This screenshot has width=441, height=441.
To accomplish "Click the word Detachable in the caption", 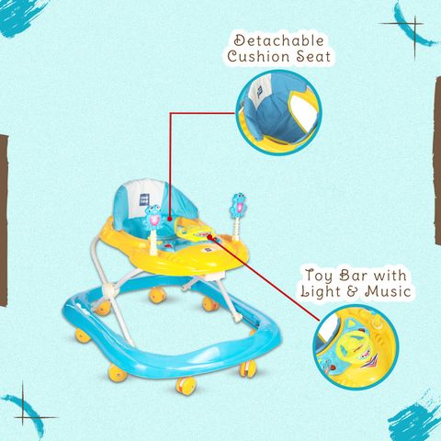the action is [279, 41].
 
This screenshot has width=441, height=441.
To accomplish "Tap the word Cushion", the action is [258, 57].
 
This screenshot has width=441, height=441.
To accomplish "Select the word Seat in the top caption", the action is [313, 57].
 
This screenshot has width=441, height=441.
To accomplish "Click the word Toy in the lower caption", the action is [319, 276].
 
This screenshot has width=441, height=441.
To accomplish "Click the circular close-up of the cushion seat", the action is [278, 112].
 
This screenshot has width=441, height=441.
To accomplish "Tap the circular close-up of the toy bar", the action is [356, 347].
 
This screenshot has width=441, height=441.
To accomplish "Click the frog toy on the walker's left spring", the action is [153, 216].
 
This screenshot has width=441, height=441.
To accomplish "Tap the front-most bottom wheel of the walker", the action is [186, 386].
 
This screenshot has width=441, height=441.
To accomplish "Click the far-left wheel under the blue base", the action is [83, 336].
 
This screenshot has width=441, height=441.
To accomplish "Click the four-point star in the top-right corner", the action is [415, 38].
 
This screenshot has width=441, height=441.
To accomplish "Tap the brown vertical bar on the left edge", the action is [4, 220].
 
